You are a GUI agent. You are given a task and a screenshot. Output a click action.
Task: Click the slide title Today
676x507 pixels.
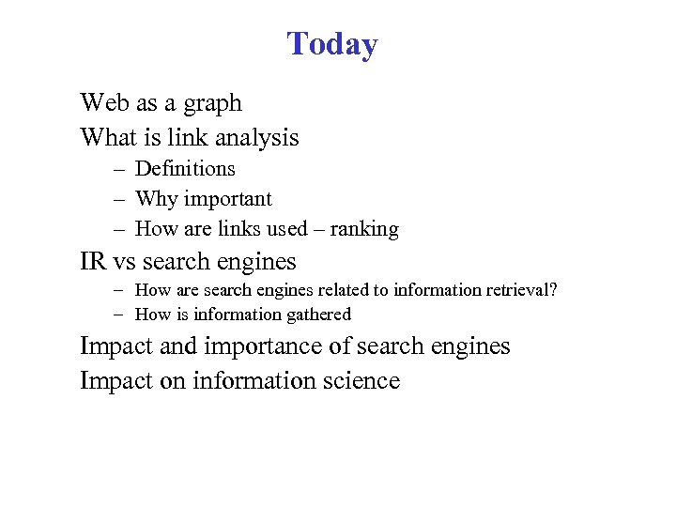pyautogui.click(x=332, y=44)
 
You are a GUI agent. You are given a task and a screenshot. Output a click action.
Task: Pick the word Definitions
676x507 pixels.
pyautogui.click(x=185, y=169)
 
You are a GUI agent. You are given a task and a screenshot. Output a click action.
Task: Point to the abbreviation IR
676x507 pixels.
pyautogui.click(x=94, y=261)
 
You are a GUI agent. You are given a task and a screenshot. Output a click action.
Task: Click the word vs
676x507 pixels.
pyautogui.click(x=125, y=262)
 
